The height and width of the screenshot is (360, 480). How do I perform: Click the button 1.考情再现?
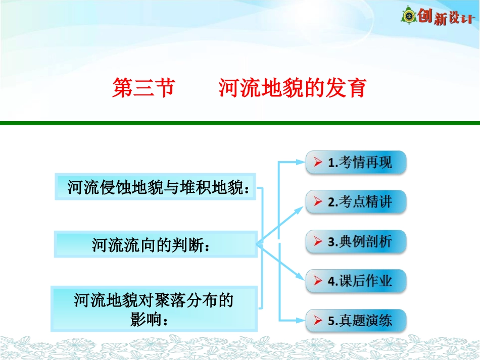(356, 163)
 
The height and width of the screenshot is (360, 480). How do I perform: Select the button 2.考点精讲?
(356, 202)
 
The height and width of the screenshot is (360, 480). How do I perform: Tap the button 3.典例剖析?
(356, 241)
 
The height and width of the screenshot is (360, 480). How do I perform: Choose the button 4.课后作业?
(356, 281)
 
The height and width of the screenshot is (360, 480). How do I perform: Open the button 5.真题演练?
(356, 320)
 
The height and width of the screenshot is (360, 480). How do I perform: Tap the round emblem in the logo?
(408, 16)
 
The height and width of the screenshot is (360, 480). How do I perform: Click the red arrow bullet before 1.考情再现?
(317, 163)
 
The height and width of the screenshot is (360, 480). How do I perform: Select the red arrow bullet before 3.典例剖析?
(317, 241)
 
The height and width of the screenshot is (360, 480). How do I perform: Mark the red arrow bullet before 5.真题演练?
(317, 320)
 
